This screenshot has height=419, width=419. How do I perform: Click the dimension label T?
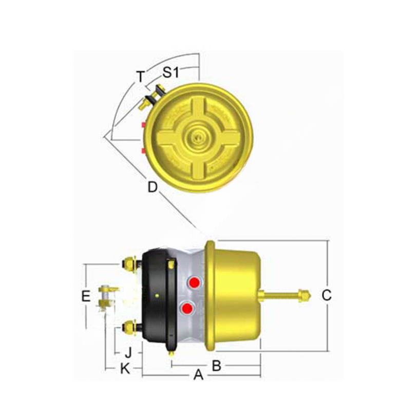[x=139, y=77]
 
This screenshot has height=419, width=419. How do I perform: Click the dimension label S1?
[x=170, y=72]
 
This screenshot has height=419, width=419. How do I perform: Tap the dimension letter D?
[x=152, y=187]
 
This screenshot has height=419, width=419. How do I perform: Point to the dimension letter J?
[x=128, y=353]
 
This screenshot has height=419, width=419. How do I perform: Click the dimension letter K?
[x=124, y=368]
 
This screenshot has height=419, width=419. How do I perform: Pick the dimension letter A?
[x=198, y=376]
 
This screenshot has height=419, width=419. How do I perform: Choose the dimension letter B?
[x=216, y=366]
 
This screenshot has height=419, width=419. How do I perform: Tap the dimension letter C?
[x=326, y=295]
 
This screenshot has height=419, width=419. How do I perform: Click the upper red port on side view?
[x=195, y=283]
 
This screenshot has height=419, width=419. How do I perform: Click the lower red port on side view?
[x=188, y=308]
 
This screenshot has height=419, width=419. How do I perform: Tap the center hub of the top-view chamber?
[x=198, y=137]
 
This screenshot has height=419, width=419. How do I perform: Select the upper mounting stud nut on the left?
[x=127, y=265]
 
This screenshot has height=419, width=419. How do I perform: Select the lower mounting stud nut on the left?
[x=128, y=326]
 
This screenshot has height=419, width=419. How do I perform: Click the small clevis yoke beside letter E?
[x=107, y=296]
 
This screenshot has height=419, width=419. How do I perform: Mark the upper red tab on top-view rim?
[x=142, y=125]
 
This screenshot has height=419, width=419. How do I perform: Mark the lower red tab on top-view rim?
[x=142, y=150]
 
